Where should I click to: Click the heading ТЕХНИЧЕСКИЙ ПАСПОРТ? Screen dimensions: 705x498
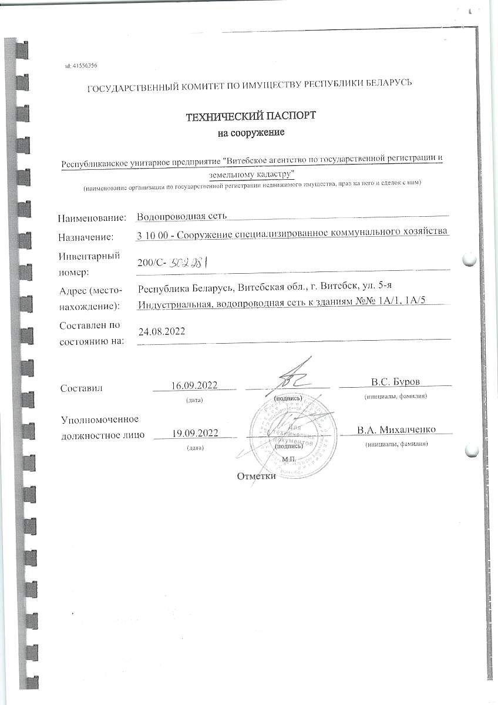pos(251,116)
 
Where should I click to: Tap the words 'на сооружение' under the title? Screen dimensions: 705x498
pos(251,133)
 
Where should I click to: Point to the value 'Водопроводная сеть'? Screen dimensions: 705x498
pos(173,217)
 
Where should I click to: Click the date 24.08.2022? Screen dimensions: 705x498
pos(161,331)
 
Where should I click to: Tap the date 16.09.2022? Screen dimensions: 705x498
pos(194,385)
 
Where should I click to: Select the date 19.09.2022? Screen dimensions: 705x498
pos(195,434)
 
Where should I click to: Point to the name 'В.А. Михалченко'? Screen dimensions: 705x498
pos(396,429)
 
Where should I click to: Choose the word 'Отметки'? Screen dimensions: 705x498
pos(256,475)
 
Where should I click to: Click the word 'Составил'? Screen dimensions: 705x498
pos(82,388)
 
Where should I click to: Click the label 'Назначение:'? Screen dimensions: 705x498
pos(86,237)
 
